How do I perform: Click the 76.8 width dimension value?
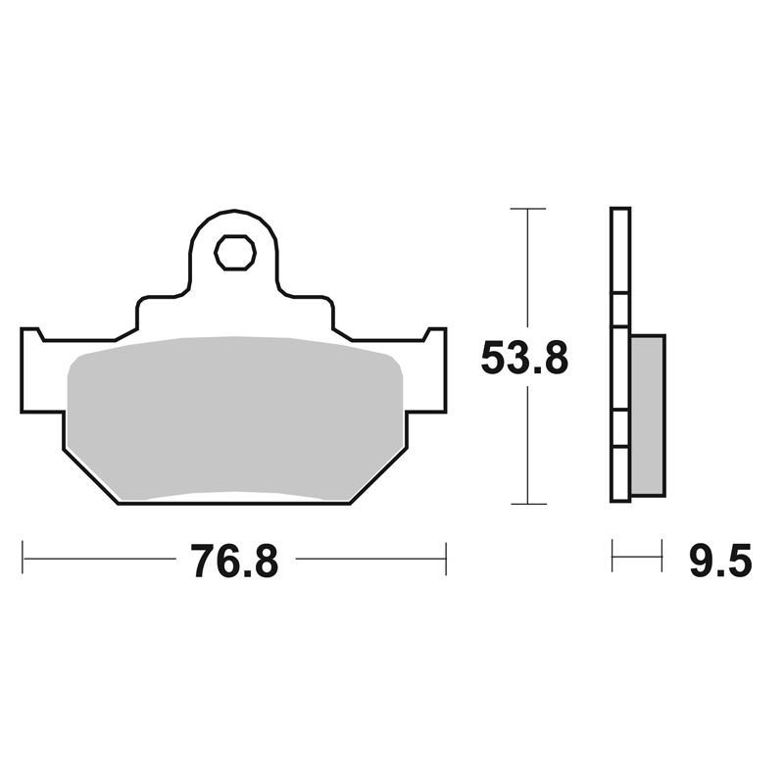234,561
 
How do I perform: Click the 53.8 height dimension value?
524,358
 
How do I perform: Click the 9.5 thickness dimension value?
720,561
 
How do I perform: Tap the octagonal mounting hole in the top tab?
235,253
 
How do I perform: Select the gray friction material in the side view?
648,416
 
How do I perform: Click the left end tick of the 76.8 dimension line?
23,557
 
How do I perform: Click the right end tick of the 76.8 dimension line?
446,559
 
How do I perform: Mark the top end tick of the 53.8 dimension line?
527,209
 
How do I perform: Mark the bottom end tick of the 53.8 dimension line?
527,504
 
